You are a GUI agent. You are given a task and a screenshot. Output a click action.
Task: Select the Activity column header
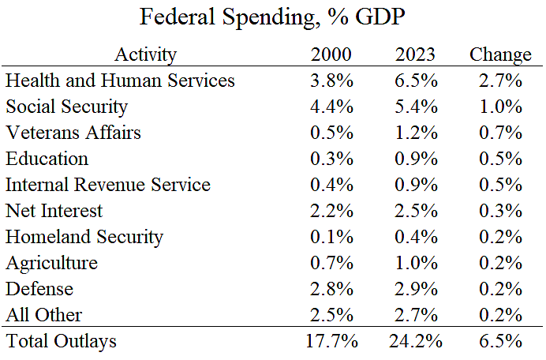tap(145, 54)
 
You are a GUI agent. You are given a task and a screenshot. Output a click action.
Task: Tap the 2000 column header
tap(331, 54)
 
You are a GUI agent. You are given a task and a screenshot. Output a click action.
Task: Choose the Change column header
tap(500, 54)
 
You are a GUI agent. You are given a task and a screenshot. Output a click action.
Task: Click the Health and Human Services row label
tap(120, 81)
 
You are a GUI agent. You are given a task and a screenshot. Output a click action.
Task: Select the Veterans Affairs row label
tap(73, 133)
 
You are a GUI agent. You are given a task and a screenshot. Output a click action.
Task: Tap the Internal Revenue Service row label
tap(108, 185)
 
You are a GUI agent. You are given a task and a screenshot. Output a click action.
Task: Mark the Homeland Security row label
tap(84, 237)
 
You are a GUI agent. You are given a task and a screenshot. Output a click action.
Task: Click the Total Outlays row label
tap(61, 342)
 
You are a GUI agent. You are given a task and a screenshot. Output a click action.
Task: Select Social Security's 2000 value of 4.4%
tap(331, 107)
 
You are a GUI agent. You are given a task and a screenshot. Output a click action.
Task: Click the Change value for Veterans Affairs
tap(501, 133)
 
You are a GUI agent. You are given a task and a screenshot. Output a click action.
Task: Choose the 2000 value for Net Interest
tap(331, 211)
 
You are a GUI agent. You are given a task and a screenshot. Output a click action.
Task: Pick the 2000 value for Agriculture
tap(331, 263)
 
